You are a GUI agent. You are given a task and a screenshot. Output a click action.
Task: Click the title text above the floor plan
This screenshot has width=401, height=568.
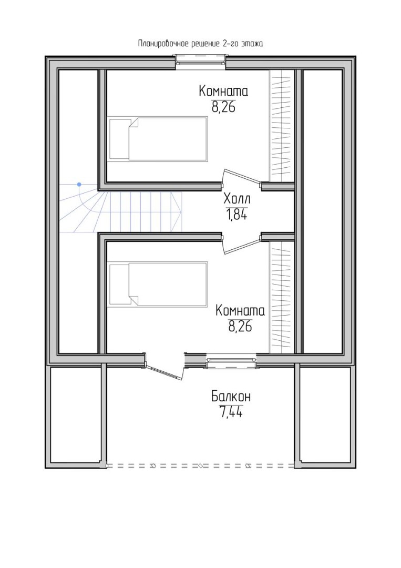(201, 44)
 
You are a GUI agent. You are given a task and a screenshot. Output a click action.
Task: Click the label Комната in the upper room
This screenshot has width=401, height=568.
(223, 91)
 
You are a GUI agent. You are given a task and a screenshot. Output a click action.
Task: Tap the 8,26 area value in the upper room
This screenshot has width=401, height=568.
(224, 107)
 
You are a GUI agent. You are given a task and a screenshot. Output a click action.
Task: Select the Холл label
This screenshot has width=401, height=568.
(237, 199)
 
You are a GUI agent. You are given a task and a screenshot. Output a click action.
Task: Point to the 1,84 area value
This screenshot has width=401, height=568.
(237, 215)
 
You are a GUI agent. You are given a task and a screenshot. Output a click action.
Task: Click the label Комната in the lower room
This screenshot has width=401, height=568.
(240, 310)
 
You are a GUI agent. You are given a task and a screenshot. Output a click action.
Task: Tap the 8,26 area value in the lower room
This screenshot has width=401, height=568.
(240, 327)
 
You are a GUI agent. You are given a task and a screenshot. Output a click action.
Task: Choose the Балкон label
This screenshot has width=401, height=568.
(231, 397)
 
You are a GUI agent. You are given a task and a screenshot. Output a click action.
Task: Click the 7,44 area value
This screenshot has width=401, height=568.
(231, 412)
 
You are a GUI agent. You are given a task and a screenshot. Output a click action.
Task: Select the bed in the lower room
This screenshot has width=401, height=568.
(158, 285)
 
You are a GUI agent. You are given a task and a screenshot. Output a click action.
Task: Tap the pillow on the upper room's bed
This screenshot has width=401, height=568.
(119, 138)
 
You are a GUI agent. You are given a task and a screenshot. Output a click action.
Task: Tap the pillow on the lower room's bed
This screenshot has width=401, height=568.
(119, 285)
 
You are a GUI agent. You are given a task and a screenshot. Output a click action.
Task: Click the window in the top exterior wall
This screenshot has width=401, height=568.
(201, 61)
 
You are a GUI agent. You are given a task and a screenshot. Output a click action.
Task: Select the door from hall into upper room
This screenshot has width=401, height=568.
(242, 179)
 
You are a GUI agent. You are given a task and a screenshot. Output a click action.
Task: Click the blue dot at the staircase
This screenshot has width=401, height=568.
(79, 185)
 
